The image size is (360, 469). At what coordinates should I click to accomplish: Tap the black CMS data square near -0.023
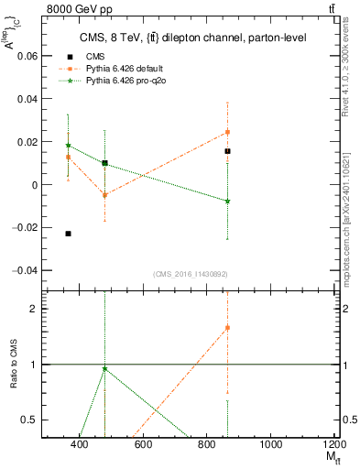point(69,234)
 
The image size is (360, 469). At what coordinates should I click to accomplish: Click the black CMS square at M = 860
point(227,151)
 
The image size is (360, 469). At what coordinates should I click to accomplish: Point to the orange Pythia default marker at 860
point(227,132)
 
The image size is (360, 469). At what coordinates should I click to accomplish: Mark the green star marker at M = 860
point(227,201)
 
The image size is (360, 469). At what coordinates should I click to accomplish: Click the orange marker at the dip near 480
point(105,195)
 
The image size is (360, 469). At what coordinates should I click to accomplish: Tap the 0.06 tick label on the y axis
point(27,56)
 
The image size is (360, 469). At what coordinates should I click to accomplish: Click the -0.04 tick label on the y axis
point(25,270)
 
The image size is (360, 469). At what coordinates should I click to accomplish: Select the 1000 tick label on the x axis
point(271,445)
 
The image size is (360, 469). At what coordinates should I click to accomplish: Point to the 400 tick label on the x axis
point(79,445)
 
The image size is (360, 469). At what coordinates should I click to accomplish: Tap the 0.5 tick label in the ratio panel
point(30,420)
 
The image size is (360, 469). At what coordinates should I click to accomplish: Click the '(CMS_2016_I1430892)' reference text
point(190,274)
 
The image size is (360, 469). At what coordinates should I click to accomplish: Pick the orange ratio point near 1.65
point(227,327)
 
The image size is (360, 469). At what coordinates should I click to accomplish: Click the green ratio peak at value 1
point(105,368)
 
